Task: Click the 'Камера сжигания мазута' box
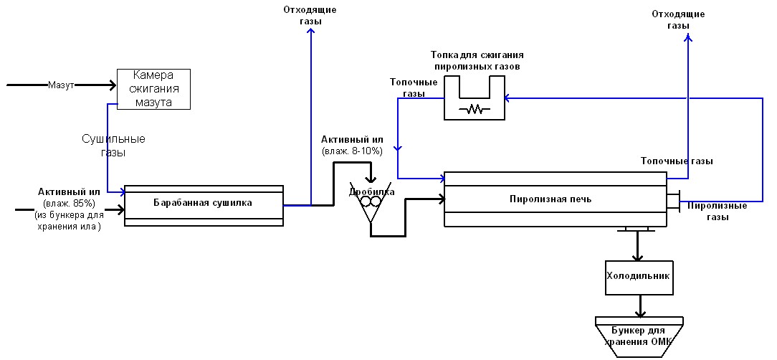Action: pos(153,89)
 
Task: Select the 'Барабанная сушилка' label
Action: pos(203,202)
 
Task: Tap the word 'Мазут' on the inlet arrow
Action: pos(61,85)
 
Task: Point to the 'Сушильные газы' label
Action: pos(113,146)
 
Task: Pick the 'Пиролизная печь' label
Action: pos(550,199)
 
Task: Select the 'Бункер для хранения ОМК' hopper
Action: pos(639,337)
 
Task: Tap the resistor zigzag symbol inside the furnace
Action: pos(475,109)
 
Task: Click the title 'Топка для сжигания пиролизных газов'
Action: pos(477,60)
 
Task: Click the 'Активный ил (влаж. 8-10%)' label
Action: pos(352,146)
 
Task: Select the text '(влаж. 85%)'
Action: pos(70,203)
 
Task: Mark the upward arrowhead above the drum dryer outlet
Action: pos(310,31)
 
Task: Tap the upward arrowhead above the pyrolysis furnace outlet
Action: pos(688,38)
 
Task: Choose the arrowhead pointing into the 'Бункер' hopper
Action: pos(641,314)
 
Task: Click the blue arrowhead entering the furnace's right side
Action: pos(508,98)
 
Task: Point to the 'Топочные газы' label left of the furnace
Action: pos(414,87)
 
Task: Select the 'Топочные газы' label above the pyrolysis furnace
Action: pos(677,161)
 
